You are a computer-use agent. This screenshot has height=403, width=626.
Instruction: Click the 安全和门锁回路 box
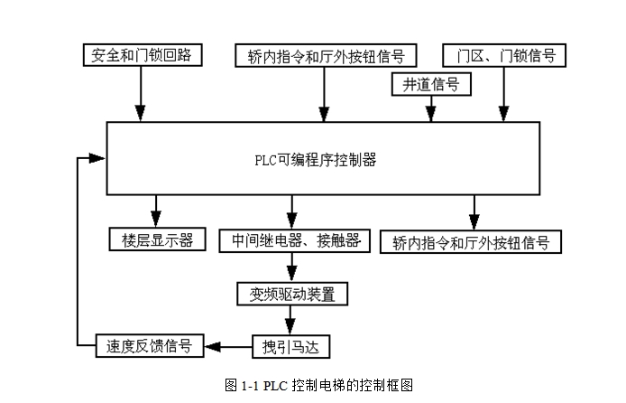(142, 54)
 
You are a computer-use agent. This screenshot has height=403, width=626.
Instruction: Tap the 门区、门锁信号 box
(504, 54)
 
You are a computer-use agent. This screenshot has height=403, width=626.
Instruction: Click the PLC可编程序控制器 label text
(315, 161)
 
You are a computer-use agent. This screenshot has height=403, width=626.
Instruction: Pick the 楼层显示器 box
(157, 240)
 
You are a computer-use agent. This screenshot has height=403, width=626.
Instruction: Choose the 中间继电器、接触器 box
(290, 240)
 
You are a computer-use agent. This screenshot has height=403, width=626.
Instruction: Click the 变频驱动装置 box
(290, 293)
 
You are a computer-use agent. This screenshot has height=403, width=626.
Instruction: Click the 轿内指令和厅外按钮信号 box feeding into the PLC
(326, 54)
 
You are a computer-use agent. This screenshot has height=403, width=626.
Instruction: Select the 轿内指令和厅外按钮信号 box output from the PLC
(472, 241)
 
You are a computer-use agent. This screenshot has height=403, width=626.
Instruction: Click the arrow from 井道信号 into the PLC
(431, 108)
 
